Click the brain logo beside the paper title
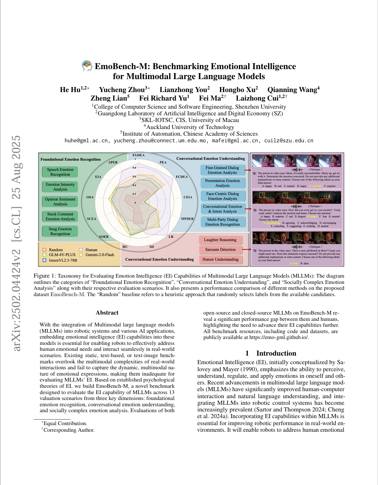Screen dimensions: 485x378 click(x=87, y=66)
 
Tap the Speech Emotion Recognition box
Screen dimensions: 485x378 click(x=60, y=172)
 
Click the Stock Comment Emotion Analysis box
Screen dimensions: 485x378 click(x=60, y=216)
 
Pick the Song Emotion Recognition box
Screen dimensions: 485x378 click(x=60, y=231)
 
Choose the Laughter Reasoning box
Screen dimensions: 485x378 click(x=220, y=240)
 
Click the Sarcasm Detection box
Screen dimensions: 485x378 click(x=220, y=250)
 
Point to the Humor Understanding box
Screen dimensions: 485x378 click(x=220, y=260)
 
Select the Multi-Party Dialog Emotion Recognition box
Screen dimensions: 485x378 click(x=222, y=222)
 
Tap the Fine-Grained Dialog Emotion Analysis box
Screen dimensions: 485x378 click(x=222, y=170)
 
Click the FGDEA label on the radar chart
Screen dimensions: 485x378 click(x=139, y=155)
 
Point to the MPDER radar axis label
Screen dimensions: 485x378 click(x=188, y=219)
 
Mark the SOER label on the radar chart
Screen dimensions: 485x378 click(x=104, y=237)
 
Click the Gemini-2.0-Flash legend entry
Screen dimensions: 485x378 click(x=97, y=255)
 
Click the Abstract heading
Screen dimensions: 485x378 click(x=107, y=313)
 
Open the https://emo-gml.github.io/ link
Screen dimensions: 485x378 click(x=279, y=337)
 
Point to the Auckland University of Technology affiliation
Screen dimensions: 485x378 click(x=189, y=127)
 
